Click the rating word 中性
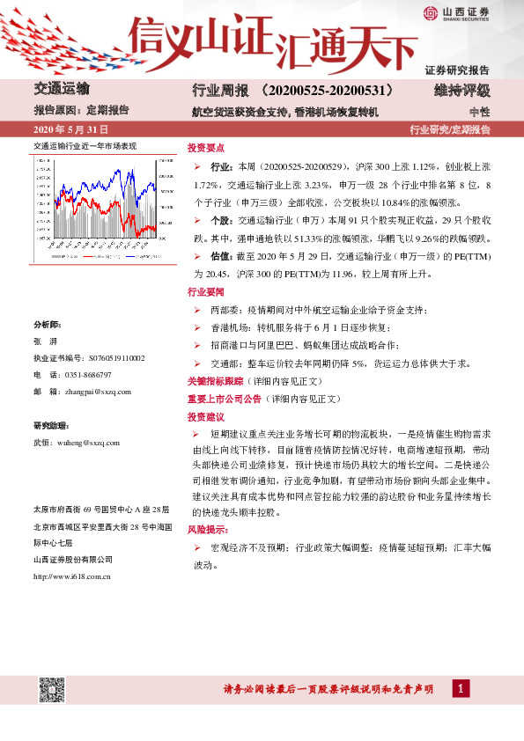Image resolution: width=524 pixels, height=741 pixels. [x=479, y=112]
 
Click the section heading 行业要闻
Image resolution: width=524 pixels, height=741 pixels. [x=206, y=291]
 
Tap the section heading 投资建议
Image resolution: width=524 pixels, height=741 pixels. [x=206, y=416]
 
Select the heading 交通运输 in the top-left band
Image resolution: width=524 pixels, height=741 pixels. [x=62, y=89]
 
